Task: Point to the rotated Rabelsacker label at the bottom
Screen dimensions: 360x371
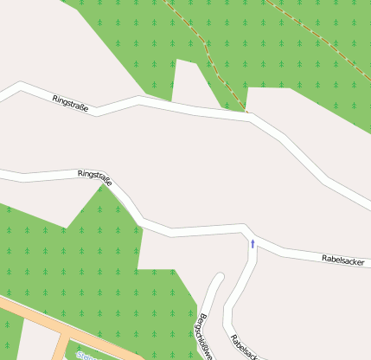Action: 243,344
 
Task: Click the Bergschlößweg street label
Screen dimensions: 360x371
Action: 206,331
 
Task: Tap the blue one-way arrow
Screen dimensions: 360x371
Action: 253,243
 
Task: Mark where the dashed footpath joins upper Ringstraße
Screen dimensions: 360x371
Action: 247,112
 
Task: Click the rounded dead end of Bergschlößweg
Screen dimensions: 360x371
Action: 219,278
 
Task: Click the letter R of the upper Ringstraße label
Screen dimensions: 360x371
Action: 54,97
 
